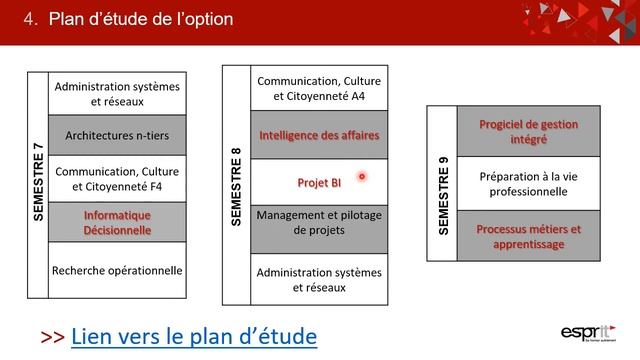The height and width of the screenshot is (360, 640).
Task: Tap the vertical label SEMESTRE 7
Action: point(38,182)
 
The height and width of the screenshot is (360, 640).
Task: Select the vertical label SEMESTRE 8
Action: point(236,186)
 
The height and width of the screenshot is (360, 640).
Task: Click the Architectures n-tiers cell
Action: point(117,135)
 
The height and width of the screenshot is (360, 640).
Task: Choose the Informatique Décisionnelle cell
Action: point(117,222)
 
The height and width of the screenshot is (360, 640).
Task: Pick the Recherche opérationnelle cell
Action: point(117,270)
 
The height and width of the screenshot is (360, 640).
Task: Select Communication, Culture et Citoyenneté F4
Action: point(117,178)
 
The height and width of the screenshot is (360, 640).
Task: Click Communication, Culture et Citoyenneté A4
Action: point(319,88)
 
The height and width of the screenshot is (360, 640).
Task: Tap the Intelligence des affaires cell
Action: point(319,135)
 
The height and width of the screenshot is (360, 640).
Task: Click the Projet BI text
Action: point(319,183)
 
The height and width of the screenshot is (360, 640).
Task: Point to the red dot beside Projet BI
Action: point(362,177)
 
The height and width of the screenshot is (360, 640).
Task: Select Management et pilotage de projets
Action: point(319,222)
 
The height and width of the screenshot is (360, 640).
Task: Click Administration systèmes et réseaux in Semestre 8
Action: point(319,279)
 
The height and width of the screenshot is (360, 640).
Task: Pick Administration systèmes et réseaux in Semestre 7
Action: point(117,93)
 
